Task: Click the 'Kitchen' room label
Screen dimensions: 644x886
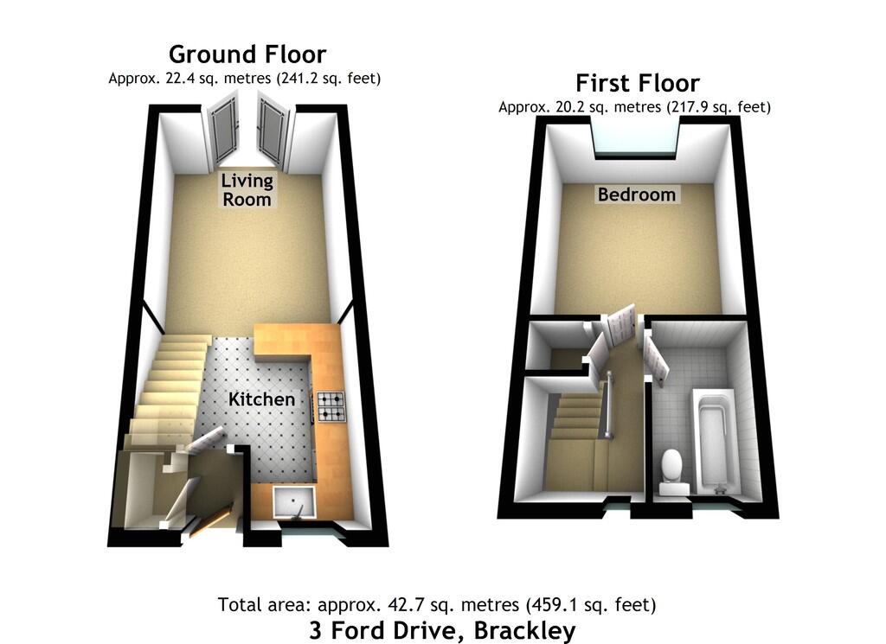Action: (x=260, y=399)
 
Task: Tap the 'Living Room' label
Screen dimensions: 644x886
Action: (x=247, y=190)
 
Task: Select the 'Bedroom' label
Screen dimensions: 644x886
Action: (x=636, y=194)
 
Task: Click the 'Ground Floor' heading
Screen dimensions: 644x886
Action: (x=247, y=54)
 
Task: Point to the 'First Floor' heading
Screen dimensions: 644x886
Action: (x=638, y=83)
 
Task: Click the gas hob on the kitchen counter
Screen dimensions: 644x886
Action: (x=331, y=407)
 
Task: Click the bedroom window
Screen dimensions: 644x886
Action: (x=636, y=137)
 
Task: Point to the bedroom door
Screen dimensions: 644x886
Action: (x=620, y=328)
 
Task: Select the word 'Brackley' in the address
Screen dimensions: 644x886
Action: (x=524, y=630)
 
